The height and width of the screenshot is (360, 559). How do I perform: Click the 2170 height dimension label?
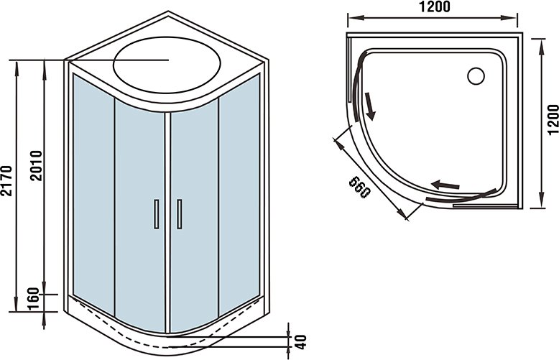click(7, 180)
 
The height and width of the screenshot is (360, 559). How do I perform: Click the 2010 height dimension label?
click(36, 166)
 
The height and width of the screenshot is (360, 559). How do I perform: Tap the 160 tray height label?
click(33, 299)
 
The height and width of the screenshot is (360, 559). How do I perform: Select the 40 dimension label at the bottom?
click(301, 342)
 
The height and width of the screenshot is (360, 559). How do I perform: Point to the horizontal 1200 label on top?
click(434, 6)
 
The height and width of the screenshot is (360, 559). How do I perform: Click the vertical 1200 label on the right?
click(553, 120)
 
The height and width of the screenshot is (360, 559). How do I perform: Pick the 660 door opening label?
click(360, 187)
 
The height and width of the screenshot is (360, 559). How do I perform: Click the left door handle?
click(157, 214)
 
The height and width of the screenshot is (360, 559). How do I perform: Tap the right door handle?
click(180, 214)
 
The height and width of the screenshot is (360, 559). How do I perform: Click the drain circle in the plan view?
click(476, 76)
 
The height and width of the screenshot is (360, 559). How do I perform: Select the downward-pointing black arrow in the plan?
click(369, 106)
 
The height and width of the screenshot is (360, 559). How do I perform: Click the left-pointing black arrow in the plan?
click(445, 185)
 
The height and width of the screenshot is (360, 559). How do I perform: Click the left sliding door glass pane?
click(140, 218)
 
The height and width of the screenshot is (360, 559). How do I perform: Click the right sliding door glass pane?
click(194, 218)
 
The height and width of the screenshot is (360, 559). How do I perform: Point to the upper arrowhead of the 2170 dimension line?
click(16, 68)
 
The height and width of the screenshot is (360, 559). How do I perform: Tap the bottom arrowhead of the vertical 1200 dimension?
click(542, 200)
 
